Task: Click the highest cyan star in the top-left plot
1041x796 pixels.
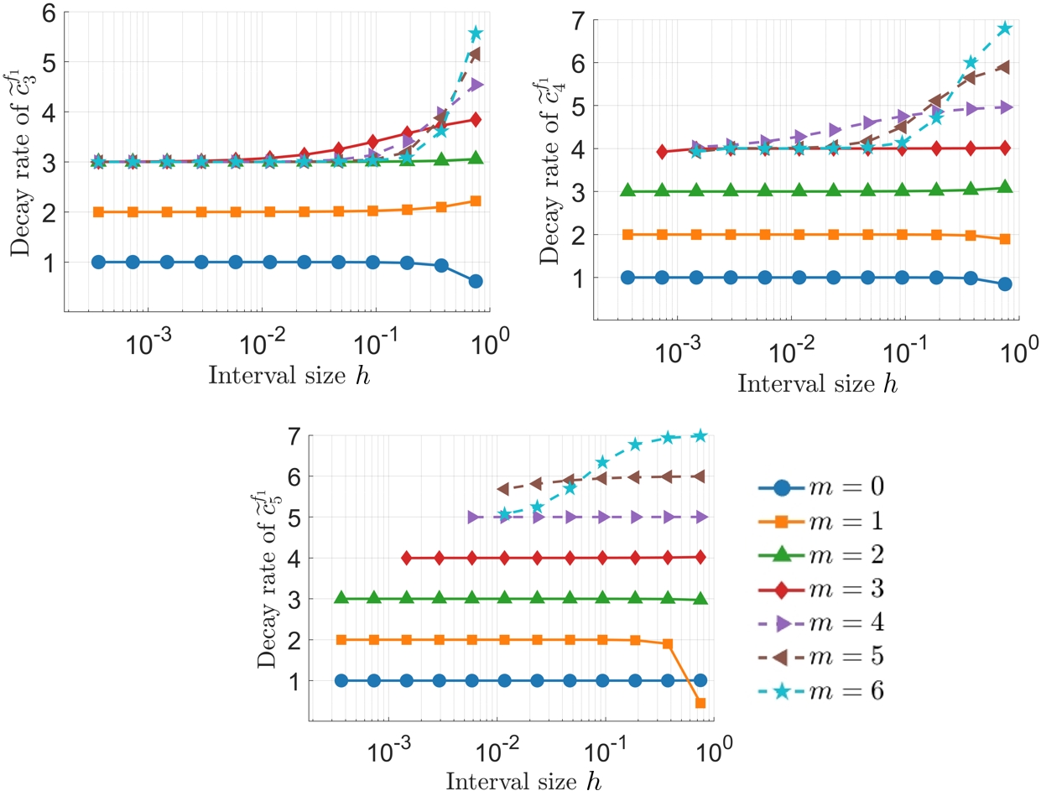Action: (476, 34)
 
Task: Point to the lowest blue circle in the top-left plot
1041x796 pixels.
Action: (476, 281)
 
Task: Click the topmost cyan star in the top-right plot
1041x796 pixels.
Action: (1004, 29)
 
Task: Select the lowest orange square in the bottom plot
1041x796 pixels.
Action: (700, 703)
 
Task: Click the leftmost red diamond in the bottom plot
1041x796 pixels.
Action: (407, 558)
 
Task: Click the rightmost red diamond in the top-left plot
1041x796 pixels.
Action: (476, 120)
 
